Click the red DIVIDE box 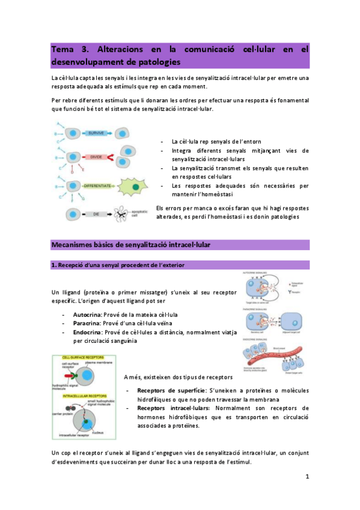pos(96,157)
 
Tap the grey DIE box pos(96,214)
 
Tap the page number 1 pos(307,478)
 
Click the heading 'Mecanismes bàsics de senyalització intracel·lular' pos(130,244)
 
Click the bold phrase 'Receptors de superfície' pos(165,391)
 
